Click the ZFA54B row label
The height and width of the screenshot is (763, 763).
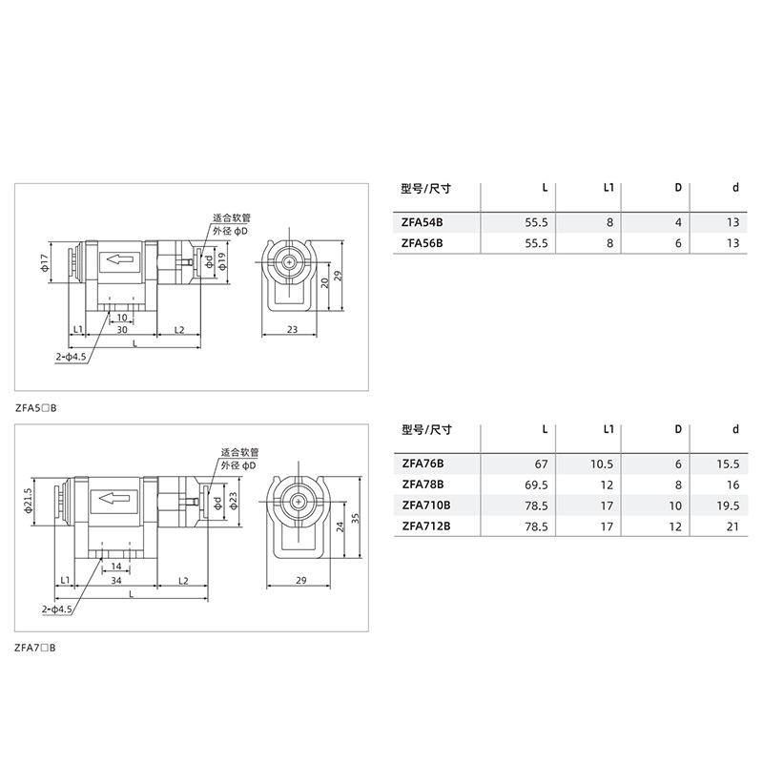pos(422,222)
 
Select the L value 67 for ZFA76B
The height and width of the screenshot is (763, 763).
pos(541,464)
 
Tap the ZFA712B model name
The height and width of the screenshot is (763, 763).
pos(426,526)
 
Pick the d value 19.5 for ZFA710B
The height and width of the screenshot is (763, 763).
pos(728,506)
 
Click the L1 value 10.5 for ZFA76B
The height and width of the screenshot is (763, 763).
pos(602,464)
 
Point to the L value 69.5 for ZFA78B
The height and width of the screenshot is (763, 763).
pos(536,485)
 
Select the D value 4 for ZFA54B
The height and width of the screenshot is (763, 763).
pos(678,222)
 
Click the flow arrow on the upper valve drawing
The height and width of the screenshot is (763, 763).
pos(120,259)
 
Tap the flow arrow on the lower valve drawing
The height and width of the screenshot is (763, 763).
pos(113,498)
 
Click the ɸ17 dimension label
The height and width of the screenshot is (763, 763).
pos(45,262)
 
